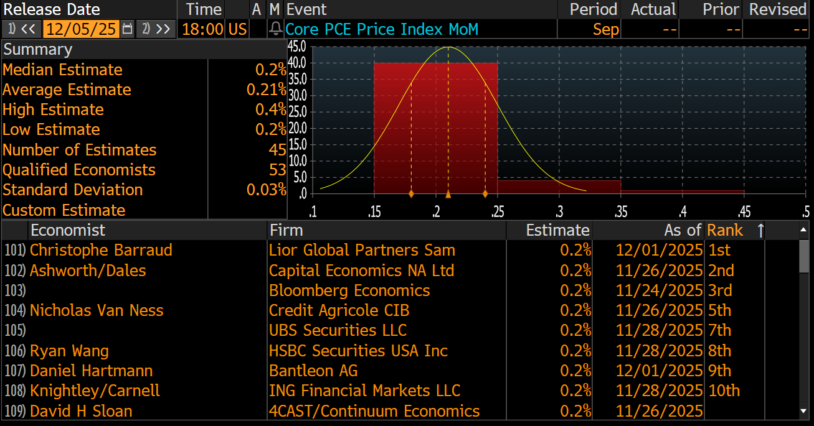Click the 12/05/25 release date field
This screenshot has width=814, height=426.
(x=81, y=29)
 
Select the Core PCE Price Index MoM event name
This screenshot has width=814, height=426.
(x=382, y=29)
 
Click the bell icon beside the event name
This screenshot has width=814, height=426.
(x=275, y=29)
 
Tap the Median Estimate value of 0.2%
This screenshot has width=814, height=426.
(x=270, y=70)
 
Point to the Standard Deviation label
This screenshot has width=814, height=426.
(x=73, y=190)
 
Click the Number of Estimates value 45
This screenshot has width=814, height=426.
(x=277, y=150)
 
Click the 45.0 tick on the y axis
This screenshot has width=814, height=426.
(x=297, y=46)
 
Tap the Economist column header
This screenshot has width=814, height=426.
(x=68, y=230)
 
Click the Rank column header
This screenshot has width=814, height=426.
(x=725, y=230)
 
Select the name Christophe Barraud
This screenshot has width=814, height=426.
(x=101, y=250)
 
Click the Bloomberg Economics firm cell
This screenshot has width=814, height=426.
(x=349, y=290)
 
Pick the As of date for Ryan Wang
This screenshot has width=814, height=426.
(x=659, y=351)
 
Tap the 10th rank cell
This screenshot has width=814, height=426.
(x=724, y=391)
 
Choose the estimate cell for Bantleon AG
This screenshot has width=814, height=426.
(x=575, y=371)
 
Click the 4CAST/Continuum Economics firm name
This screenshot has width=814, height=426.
(x=374, y=411)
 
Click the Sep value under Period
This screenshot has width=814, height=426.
(x=605, y=29)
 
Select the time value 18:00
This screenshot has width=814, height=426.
(x=202, y=29)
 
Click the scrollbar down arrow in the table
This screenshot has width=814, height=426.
(x=804, y=411)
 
